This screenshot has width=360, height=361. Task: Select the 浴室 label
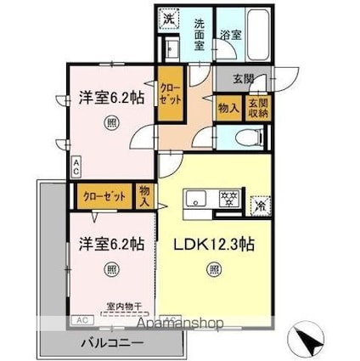point(230,35)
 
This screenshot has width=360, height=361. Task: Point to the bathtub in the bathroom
point(256,35)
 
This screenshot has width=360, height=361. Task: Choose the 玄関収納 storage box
point(257,109)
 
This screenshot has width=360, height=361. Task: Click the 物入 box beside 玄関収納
point(228,108)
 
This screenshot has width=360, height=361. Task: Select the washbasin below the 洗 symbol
point(169,48)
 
